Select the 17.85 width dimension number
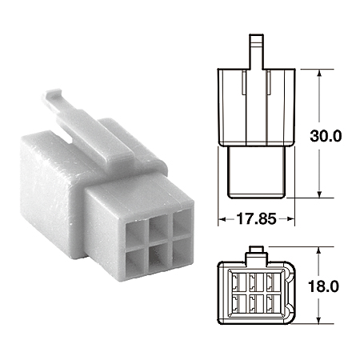pyautogui.click(x=256, y=217)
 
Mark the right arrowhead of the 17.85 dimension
pyautogui.click(x=293, y=217)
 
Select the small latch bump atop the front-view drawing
pyautogui.click(x=256, y=252)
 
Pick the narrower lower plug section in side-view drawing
pyautogui.click(x=256, y=171)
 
